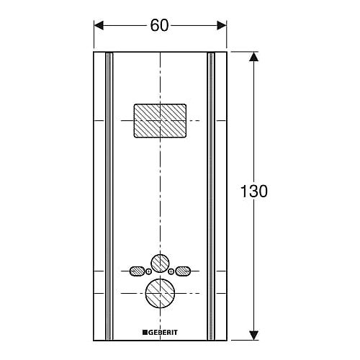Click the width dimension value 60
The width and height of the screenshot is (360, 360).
159,25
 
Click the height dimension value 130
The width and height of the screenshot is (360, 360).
254,192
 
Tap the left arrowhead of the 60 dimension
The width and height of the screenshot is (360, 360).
99,25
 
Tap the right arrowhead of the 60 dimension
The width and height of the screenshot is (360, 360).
222,25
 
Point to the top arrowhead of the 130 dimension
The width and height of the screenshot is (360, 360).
253,57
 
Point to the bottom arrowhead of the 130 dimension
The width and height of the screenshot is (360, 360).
253,335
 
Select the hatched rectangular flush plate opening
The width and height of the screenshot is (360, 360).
160,121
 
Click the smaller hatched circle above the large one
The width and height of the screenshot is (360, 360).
160,264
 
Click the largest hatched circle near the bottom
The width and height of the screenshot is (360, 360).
160,293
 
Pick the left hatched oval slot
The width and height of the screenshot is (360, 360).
137,271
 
